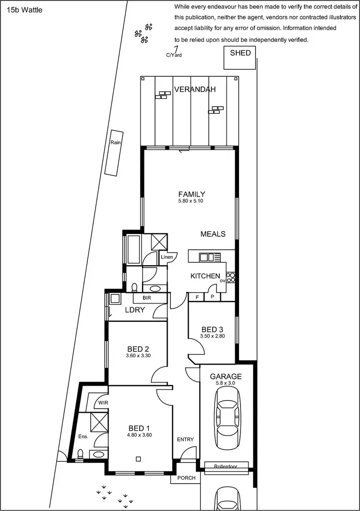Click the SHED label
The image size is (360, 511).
pyautogui.click(x=240, y=53)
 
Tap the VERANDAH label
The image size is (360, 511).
pyautogui.click(x=194, y=89)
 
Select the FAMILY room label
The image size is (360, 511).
pyautogui.click(x=192, y=195)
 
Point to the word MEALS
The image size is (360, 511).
pyautogui.click(x=213, y=234)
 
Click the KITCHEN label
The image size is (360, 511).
pyautogui.click(x=205, y=276)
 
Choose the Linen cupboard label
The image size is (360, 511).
pyautogui.click(x=167, y=257)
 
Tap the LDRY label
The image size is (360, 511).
pyautogui.click(x=135, y=310)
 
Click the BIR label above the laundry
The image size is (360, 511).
pyautogui.click(x=147, y=298)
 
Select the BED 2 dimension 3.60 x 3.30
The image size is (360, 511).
pyautogui.click(x=139, y=356)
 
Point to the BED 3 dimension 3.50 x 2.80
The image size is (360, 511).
pyautogui.click(x=212, y=336)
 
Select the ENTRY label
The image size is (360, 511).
pyautogui.click(x=186, y=440)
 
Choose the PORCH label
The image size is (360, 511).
pyautogui.click(x=186, y=478)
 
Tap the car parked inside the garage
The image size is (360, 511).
pyautogui.click(x=227, y=417)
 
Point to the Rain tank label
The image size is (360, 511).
pyautogui.click(x=115, y=143)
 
